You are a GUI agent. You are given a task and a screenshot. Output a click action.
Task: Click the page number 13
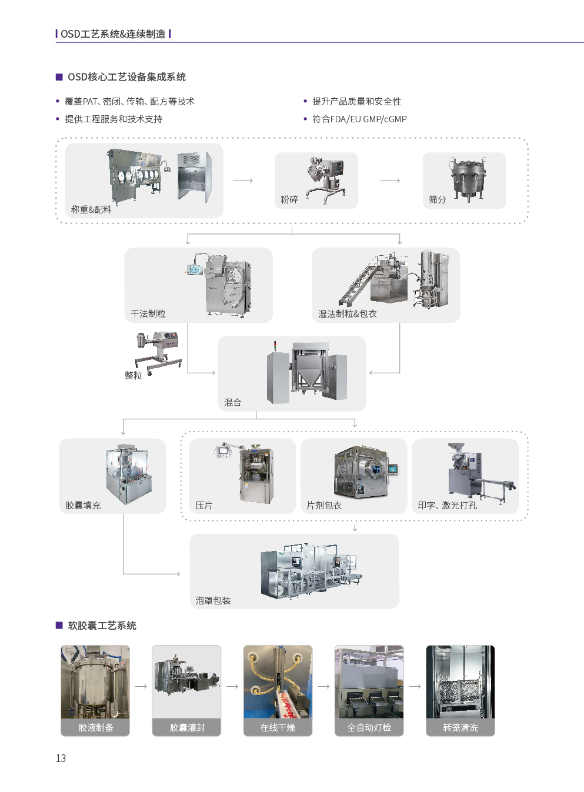coord(61,758)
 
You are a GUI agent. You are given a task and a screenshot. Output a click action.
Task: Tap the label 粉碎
coord(289,199)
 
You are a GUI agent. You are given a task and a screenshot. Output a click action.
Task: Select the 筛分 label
coord(437,199)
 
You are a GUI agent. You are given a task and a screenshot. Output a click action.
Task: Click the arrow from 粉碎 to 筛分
coord(390,181)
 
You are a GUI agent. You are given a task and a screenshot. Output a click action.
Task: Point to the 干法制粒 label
coord(148,313)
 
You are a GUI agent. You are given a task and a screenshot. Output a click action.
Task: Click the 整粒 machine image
coord(158,353)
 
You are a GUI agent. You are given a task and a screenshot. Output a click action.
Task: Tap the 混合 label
coord(233,402)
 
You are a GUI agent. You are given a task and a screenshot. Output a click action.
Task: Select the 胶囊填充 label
coord(83,505)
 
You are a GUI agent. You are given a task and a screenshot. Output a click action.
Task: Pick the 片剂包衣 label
coord(324,505)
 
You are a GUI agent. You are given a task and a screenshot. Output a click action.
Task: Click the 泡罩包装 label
coord(213,600)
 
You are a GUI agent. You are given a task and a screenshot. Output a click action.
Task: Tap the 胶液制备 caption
coord(96,728)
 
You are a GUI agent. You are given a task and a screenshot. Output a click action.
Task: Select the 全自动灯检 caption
coord(369,728)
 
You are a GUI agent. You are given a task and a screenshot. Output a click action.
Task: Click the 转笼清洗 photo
coord(460,681)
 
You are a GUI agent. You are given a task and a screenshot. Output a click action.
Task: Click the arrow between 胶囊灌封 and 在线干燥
coord(232,686)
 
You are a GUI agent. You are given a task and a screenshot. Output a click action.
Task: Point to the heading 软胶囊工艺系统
coord(102,626)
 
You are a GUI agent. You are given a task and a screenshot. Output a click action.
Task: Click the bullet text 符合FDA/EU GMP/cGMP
coord(359,119)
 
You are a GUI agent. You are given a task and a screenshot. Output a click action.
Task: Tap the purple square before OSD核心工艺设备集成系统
coord(59,76)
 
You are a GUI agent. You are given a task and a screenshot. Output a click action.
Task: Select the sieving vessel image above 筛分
coord(468,179)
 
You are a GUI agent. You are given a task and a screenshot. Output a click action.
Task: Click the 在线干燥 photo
coord(278,681)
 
